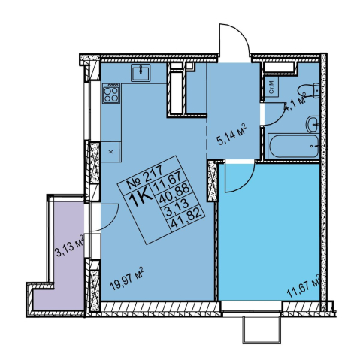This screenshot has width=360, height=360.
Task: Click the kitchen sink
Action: [x=141, y=73]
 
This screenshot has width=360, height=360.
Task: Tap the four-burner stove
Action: [x=111, y=93]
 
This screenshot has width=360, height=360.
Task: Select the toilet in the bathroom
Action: [x=309, y=92]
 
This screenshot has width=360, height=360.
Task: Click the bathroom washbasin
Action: [x=313, y=124]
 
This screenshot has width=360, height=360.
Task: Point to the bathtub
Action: [x=293, y=146]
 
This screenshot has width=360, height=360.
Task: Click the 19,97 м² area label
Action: [x=127, y=279]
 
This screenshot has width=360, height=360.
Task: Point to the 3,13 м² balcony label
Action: [x=69, y=246]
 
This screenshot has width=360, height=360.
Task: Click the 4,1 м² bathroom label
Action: [x=295, y=103]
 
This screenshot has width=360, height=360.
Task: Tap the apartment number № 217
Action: [x=145, y=180]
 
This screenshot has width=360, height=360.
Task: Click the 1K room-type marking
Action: [x=141, y=198]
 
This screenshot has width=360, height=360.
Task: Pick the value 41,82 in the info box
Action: [x=186, y=219]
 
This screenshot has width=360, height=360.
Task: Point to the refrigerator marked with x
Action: [x=111, y=152]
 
